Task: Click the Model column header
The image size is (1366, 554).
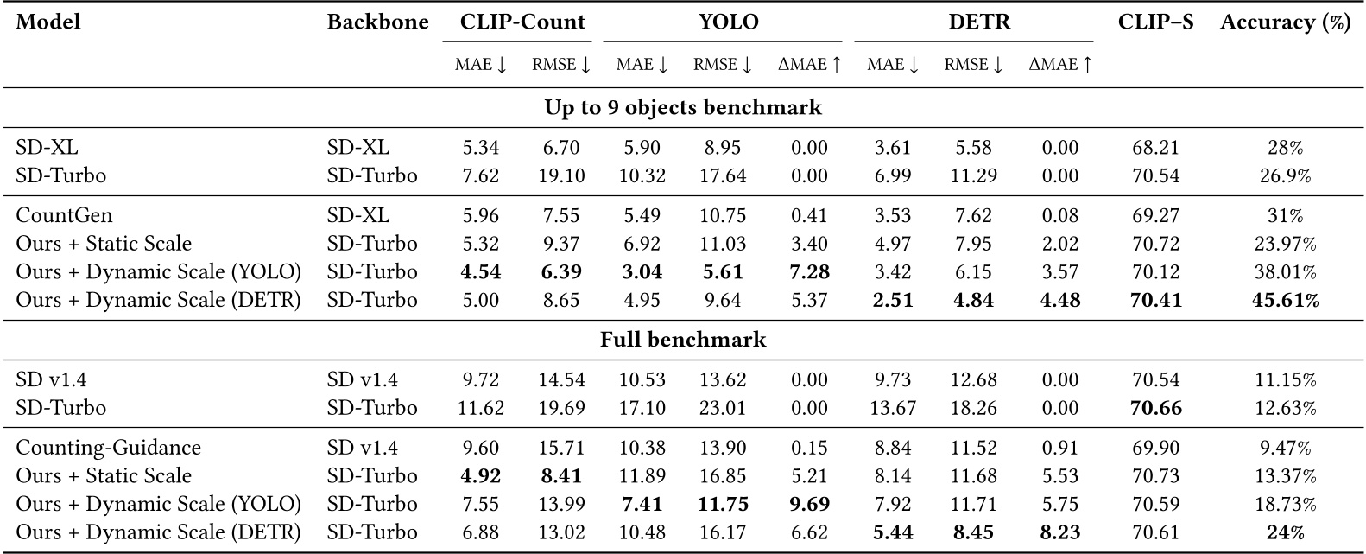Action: point(48,22)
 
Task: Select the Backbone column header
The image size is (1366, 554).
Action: point(377,22)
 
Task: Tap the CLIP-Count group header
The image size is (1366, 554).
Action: point(517,22)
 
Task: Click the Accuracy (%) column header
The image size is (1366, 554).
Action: point(1285,22)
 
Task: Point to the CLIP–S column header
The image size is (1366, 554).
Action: point(1155,22)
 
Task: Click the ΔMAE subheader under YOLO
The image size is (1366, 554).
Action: point(809,65)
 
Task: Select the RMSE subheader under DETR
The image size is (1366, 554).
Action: point(973,65)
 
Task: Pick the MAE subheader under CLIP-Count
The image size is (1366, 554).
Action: point(480,65)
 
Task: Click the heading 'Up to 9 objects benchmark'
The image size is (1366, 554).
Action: point(682,108)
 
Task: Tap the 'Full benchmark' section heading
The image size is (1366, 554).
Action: point(682,339)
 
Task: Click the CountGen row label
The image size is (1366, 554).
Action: point(64,215)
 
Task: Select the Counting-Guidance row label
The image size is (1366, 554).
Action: point(108,448)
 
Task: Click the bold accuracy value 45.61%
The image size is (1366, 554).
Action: point(1285,300)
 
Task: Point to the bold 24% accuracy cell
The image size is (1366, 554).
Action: point(1285,532)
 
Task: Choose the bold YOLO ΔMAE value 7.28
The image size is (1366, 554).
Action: point(809,272)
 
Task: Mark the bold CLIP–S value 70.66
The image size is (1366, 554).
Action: point(1155,408)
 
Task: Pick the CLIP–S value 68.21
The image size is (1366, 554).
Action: point(1155,149)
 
